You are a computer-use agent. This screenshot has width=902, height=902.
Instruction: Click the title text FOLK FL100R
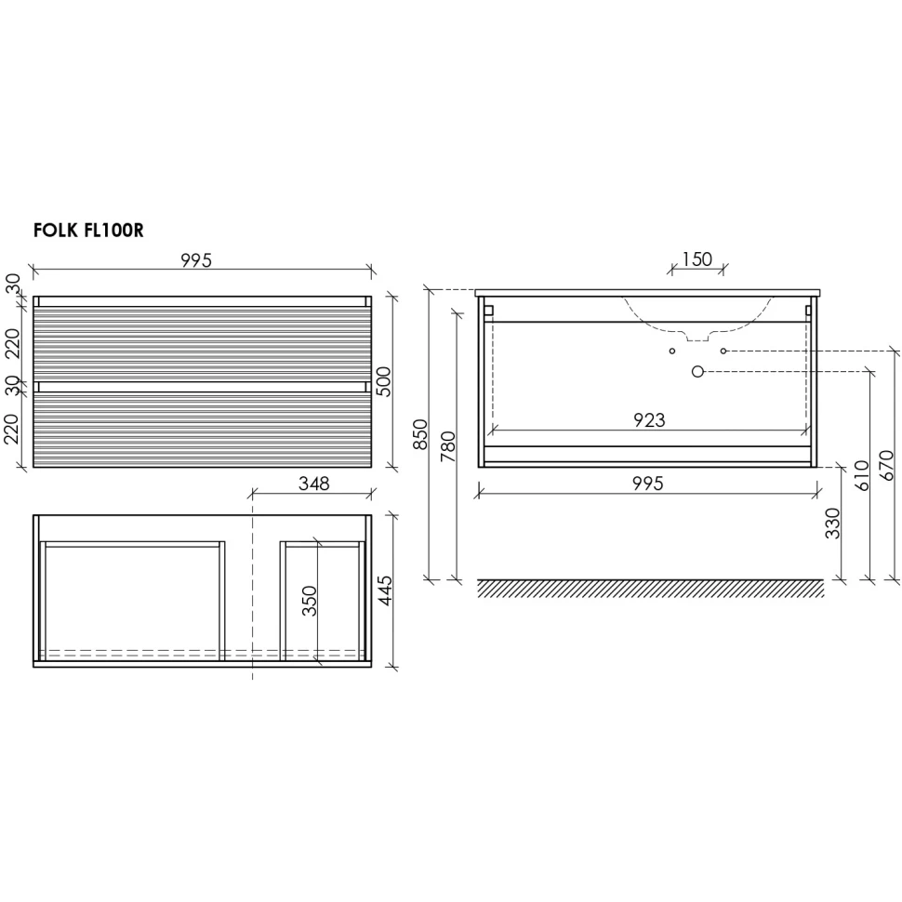pyautogui.click(x=88, y=230)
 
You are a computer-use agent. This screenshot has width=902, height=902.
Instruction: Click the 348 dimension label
pyautogui.click(x=313, y=484)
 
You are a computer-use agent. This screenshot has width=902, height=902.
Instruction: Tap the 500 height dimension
pyautogui.click(x=383, y=381)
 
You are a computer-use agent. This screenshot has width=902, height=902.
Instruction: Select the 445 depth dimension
pyautogui.click(x=384, y=590)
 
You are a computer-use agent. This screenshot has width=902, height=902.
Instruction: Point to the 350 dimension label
pyautogui.click(x=310, y=601)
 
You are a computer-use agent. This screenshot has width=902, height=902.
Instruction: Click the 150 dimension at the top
pyautogui.click(x=697, y=259)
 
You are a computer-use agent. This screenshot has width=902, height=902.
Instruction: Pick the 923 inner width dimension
pyautogui.click(x=649, y=420)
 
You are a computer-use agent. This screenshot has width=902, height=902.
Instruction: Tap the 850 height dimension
pyautogui.click(x=420, y=434)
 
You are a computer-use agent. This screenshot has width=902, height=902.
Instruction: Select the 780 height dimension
pyautogui.click(x=447, y=446)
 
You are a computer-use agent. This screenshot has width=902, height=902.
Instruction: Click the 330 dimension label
pyautogui.click(x=832, y=523)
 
